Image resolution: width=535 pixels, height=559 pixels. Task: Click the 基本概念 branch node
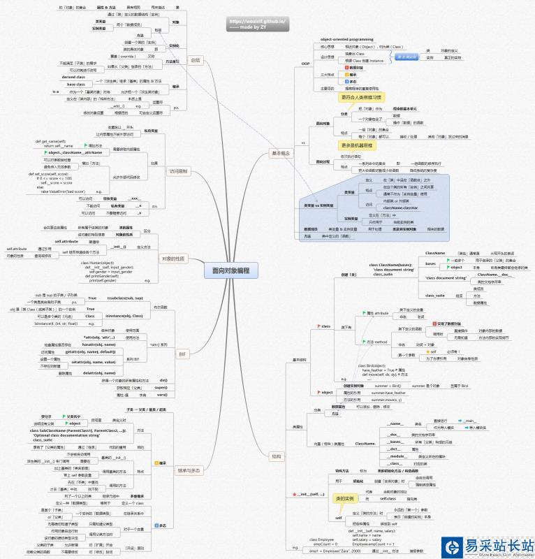281,153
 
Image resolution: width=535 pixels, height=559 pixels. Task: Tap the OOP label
305,64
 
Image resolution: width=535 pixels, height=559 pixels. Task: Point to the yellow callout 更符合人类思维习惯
360,97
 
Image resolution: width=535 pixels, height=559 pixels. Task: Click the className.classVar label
399,208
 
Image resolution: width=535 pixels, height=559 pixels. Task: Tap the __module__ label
395,456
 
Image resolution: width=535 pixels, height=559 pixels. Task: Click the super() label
161,387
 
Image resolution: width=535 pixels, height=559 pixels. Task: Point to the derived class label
78,77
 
